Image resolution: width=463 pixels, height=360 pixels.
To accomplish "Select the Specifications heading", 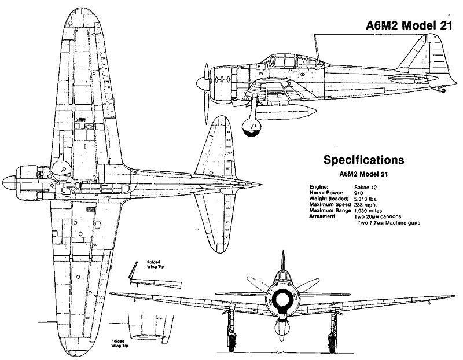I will pos(363,159).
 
